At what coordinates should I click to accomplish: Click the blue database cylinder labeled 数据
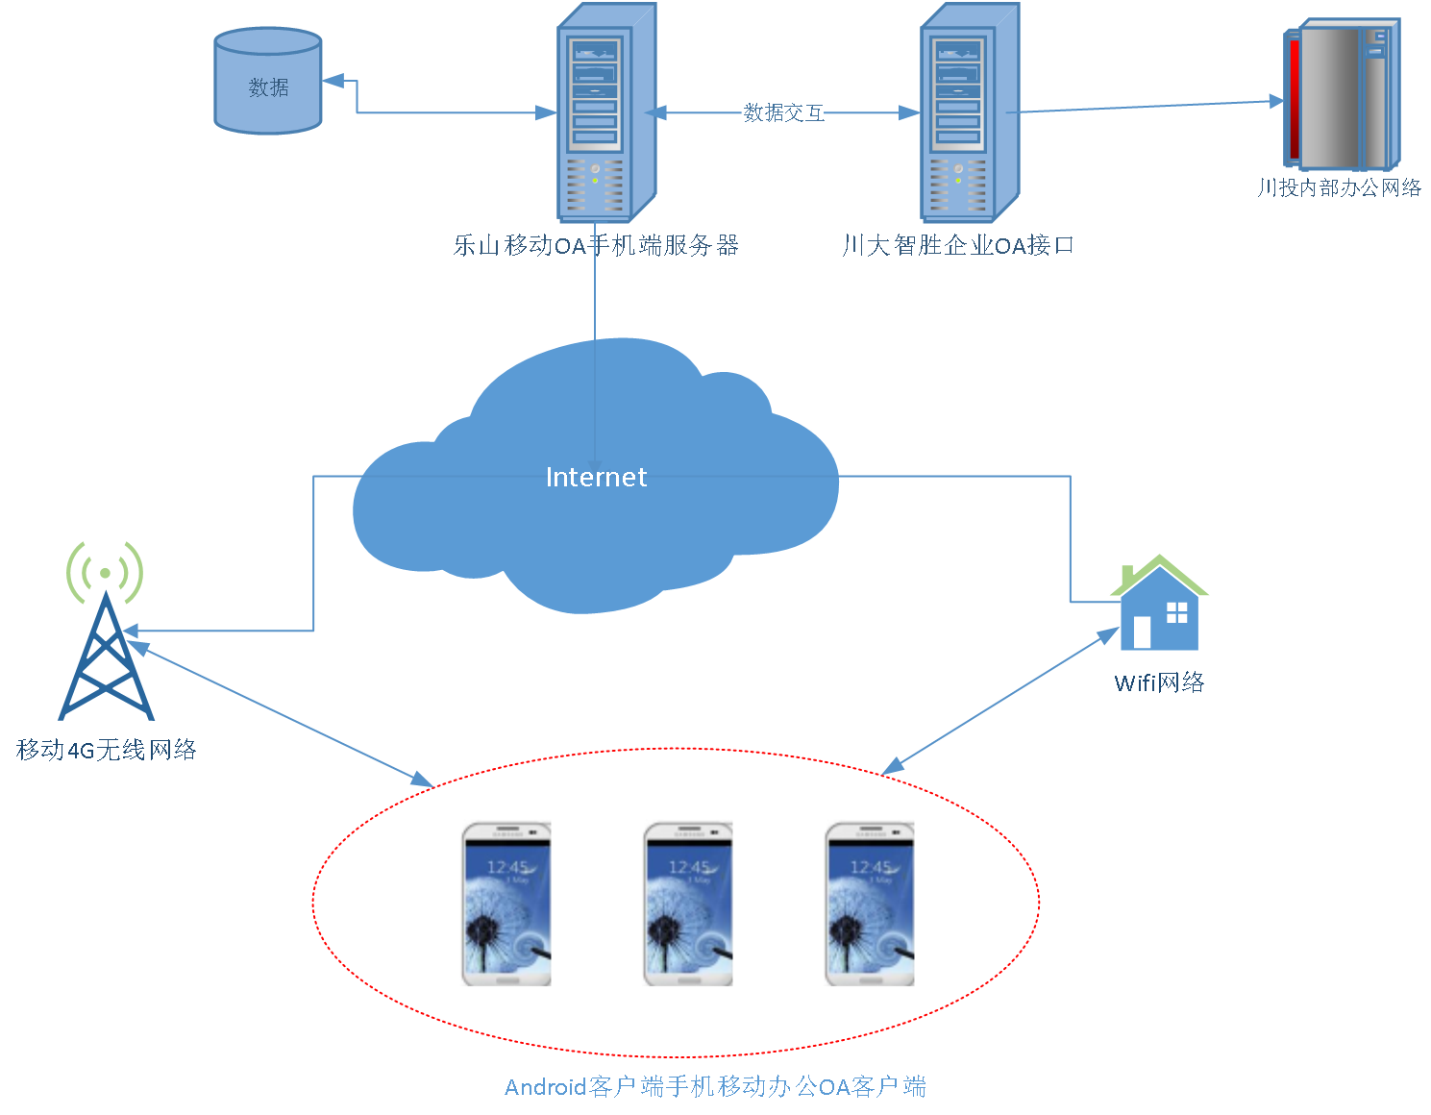(267, 82)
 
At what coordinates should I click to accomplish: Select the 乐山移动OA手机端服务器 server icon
(605, 113)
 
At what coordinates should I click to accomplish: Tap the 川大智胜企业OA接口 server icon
(969, 113)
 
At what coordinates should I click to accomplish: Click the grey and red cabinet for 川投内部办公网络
(1342, 96)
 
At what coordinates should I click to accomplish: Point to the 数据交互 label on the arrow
(782, 113)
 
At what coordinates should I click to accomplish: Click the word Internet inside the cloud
(596, 478)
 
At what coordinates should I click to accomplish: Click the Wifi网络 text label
(1159, 683)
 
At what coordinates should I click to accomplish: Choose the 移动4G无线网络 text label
(107, 750)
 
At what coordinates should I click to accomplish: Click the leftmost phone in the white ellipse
(506, 904)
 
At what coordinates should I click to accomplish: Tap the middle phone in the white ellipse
(688, 904)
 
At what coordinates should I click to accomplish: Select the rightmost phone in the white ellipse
(870, 904)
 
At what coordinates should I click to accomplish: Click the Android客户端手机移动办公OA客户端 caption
(715, 1087)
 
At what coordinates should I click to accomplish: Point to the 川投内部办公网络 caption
(1340, 188)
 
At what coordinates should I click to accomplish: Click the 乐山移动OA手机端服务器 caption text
(596, 246)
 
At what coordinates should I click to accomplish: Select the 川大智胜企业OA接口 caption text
(958, 246)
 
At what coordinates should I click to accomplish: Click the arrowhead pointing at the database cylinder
(333, 82)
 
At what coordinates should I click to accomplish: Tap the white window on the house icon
(1176, 612)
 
